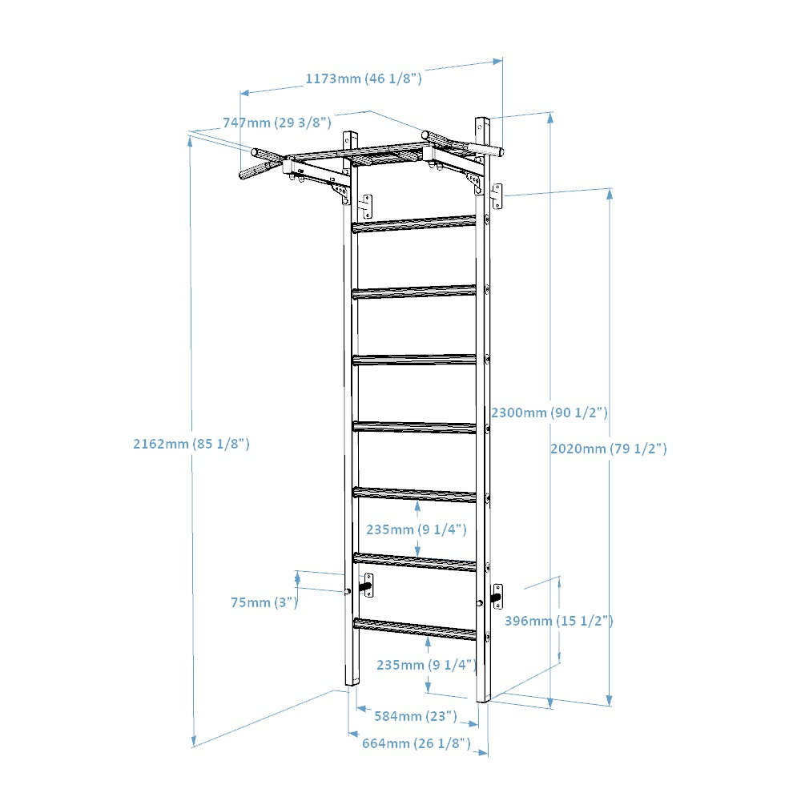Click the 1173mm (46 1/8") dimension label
click(364, 78)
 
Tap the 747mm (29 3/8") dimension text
click(277, 123)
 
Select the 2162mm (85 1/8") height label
click(191, 444)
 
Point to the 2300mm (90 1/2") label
click(549, 413)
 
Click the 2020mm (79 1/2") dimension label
click(609, 449)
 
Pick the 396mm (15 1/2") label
click(559, 621)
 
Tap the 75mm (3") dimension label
click(264, 602)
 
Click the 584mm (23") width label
click(416, 716)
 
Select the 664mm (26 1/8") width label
click(417, 743)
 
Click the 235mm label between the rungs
click(417, 529)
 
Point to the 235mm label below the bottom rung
click(427, 665)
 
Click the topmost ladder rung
click(414, 223)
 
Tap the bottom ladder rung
click(415, 629)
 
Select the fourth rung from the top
click(414, 427)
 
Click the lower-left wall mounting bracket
click(367, 586)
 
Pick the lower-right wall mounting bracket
click(497, 596)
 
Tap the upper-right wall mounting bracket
click(497, 196)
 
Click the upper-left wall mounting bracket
click(366, 207)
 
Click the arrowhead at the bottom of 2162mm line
click(194, 741)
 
